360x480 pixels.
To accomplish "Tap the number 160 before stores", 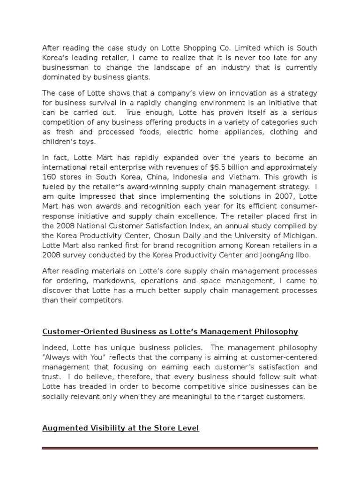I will point(50,178).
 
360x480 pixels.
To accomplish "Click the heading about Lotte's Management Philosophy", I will point(170,332).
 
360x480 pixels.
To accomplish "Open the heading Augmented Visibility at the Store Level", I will point(120,428).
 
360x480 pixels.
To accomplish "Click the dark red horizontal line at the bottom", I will point(180,449).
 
